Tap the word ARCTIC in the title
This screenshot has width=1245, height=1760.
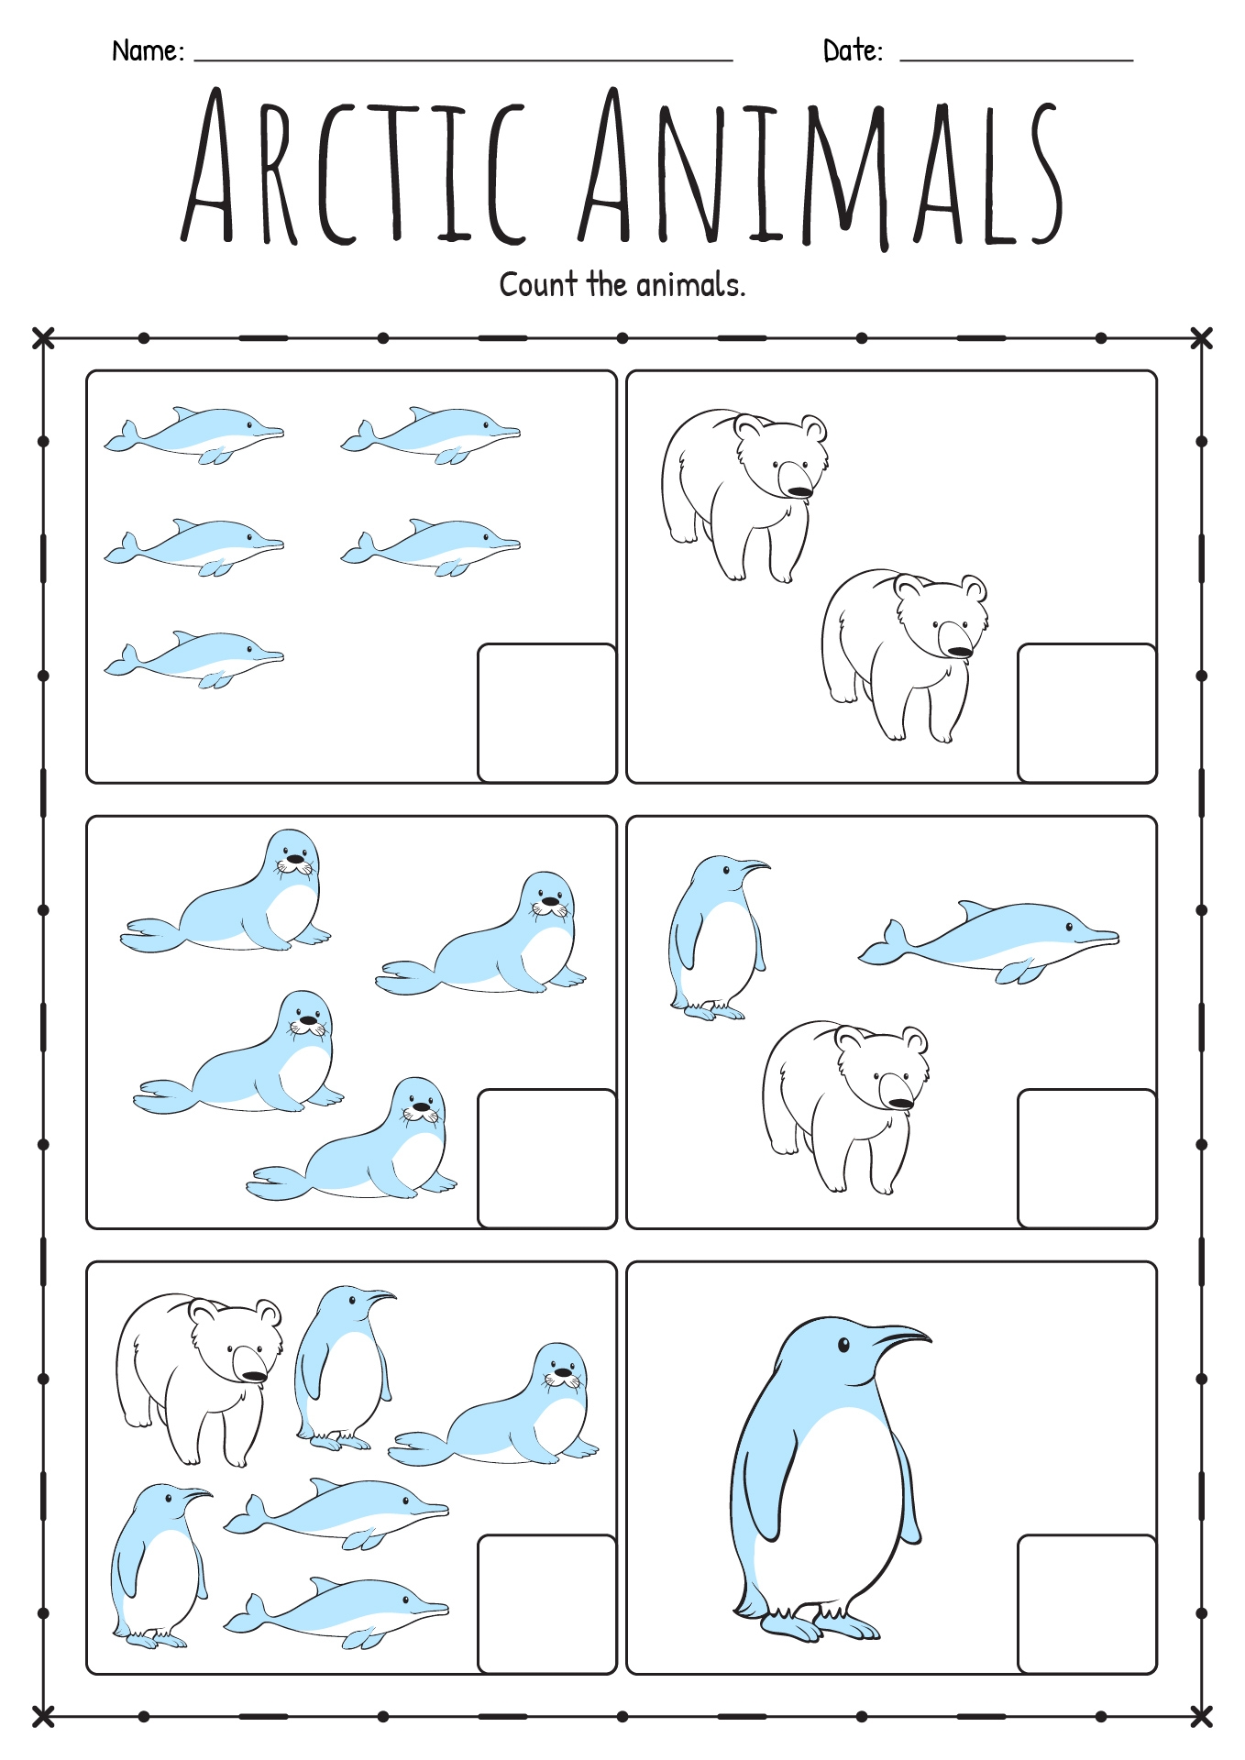point(353,170)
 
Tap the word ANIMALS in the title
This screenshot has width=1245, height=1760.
point(821,170)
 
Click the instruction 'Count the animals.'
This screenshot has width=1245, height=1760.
point(622,285)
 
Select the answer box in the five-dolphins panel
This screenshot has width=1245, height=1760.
point(546,713)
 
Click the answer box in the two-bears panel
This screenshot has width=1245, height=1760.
point(1086,713)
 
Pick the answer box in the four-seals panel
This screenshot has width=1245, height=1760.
point(546,1159)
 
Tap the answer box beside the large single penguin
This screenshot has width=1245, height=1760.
point(1086,1604)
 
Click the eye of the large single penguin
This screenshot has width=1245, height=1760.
point(843,1345)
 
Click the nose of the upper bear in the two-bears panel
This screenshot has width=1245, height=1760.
point(799,492)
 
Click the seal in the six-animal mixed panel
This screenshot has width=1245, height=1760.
point(500,1412)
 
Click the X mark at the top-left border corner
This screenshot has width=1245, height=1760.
point(43,338)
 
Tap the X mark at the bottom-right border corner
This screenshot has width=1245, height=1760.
point(1201,1716)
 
